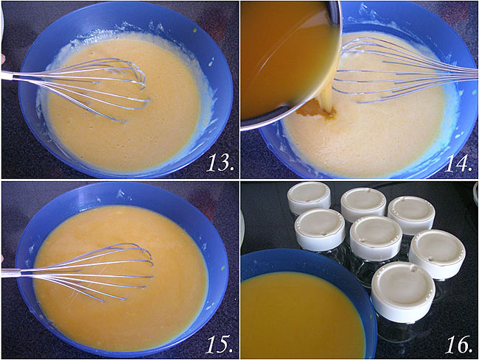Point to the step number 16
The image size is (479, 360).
pyautogui.click(x=458, y=344)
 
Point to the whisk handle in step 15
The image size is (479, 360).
pyautogui.click(x=11, y=272)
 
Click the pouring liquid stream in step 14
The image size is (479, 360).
pyautogui.click(x=329, y=94)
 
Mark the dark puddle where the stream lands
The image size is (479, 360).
pyautogui.click(x=316, y=110)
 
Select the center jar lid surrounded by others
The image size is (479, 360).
pyautogui.click(x=376, y=238)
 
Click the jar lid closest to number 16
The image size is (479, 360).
pyautogui.click(x=403, y=292)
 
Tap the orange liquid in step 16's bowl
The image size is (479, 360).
pyautogui.click(x=302, y=314)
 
